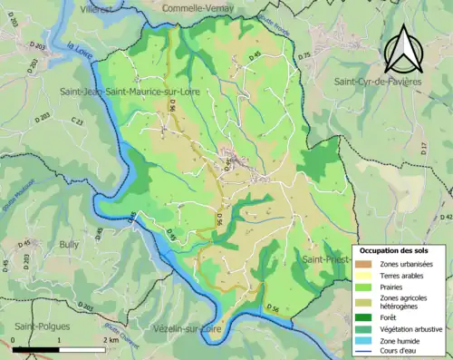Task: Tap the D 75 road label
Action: click(304, 55)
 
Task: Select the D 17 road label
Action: click(423, 146)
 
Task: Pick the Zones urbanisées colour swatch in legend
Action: click(365, 263)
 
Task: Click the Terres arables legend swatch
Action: click(365, 275)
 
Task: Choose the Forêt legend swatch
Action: click(365, 316)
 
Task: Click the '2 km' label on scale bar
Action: click(110, 340)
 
